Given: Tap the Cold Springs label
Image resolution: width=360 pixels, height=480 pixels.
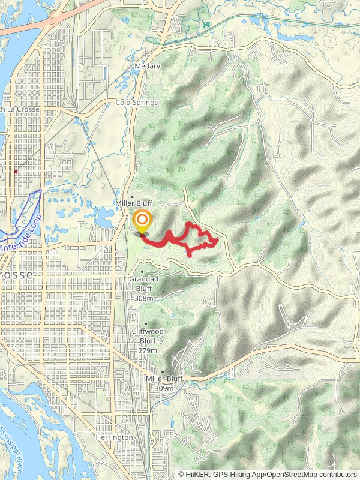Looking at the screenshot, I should pyautogui.click(x=136, y=103).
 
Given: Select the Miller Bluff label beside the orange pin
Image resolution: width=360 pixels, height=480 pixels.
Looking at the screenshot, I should pyautogui.click(x=130, y=203).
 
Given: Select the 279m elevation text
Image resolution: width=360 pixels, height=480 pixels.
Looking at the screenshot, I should pyautogui.click(x=148, y=350).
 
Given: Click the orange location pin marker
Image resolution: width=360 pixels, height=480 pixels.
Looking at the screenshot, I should pyautogui.click(x=142, y=221).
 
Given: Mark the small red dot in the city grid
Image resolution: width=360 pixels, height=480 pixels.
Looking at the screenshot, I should pyautogui.click(x=16, y=172).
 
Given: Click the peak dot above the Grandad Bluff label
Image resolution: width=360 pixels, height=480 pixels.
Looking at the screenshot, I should pyautogui.click(x=142, y=271).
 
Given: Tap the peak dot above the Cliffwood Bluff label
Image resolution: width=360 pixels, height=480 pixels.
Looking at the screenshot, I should pyautogui.click(x=145, y=324).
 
